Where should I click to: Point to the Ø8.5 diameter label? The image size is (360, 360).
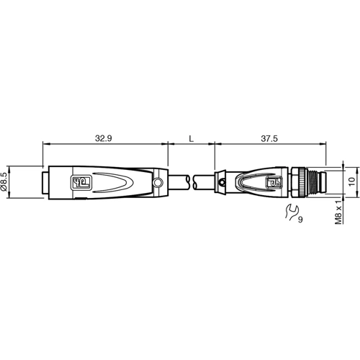[x=6, y=181]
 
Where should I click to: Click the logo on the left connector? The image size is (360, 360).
[x=80, y=181]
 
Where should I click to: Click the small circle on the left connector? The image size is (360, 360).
[x=158, y=186]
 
